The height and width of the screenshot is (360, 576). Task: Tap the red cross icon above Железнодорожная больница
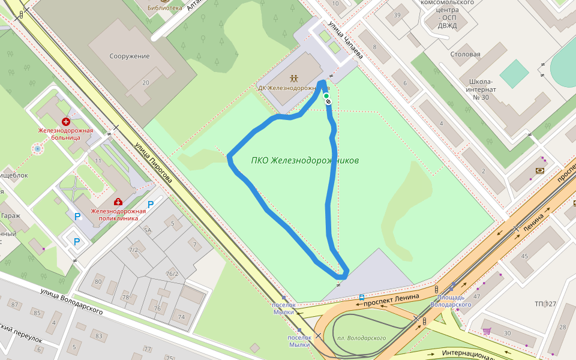66,122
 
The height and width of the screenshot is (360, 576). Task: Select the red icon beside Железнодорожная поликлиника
118,202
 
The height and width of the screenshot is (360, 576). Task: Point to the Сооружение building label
129,56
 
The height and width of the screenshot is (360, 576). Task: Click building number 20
146,83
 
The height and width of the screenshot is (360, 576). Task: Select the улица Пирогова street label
153,163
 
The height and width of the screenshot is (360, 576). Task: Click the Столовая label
466,55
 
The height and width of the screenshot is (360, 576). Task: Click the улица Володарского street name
71,301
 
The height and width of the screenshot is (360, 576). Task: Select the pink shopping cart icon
487,331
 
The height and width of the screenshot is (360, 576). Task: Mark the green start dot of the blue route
326,96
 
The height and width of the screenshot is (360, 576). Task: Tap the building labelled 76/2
172,275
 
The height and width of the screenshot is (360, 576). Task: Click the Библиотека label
164,8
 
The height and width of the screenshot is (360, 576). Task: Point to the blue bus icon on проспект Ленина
362,297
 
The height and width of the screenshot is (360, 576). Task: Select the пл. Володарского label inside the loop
361,338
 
